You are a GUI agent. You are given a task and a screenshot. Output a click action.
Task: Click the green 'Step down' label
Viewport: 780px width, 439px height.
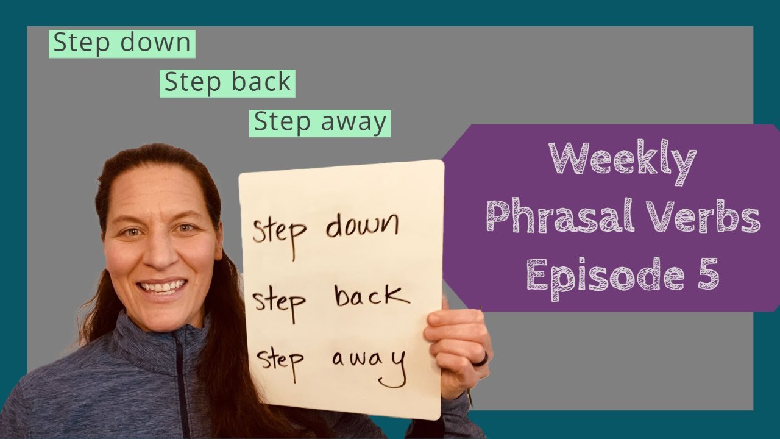pyautogui.click(x=122, y=44)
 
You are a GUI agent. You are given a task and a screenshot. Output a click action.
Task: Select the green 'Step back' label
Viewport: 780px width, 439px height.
pyautogui.click(x=227, y=83)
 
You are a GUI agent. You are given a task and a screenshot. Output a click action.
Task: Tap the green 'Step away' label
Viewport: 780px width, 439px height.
pyautogui.click(x=320, y=122)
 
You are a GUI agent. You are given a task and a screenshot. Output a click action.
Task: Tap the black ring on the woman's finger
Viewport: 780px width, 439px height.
pyautogui.click(x=481, y=360)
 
